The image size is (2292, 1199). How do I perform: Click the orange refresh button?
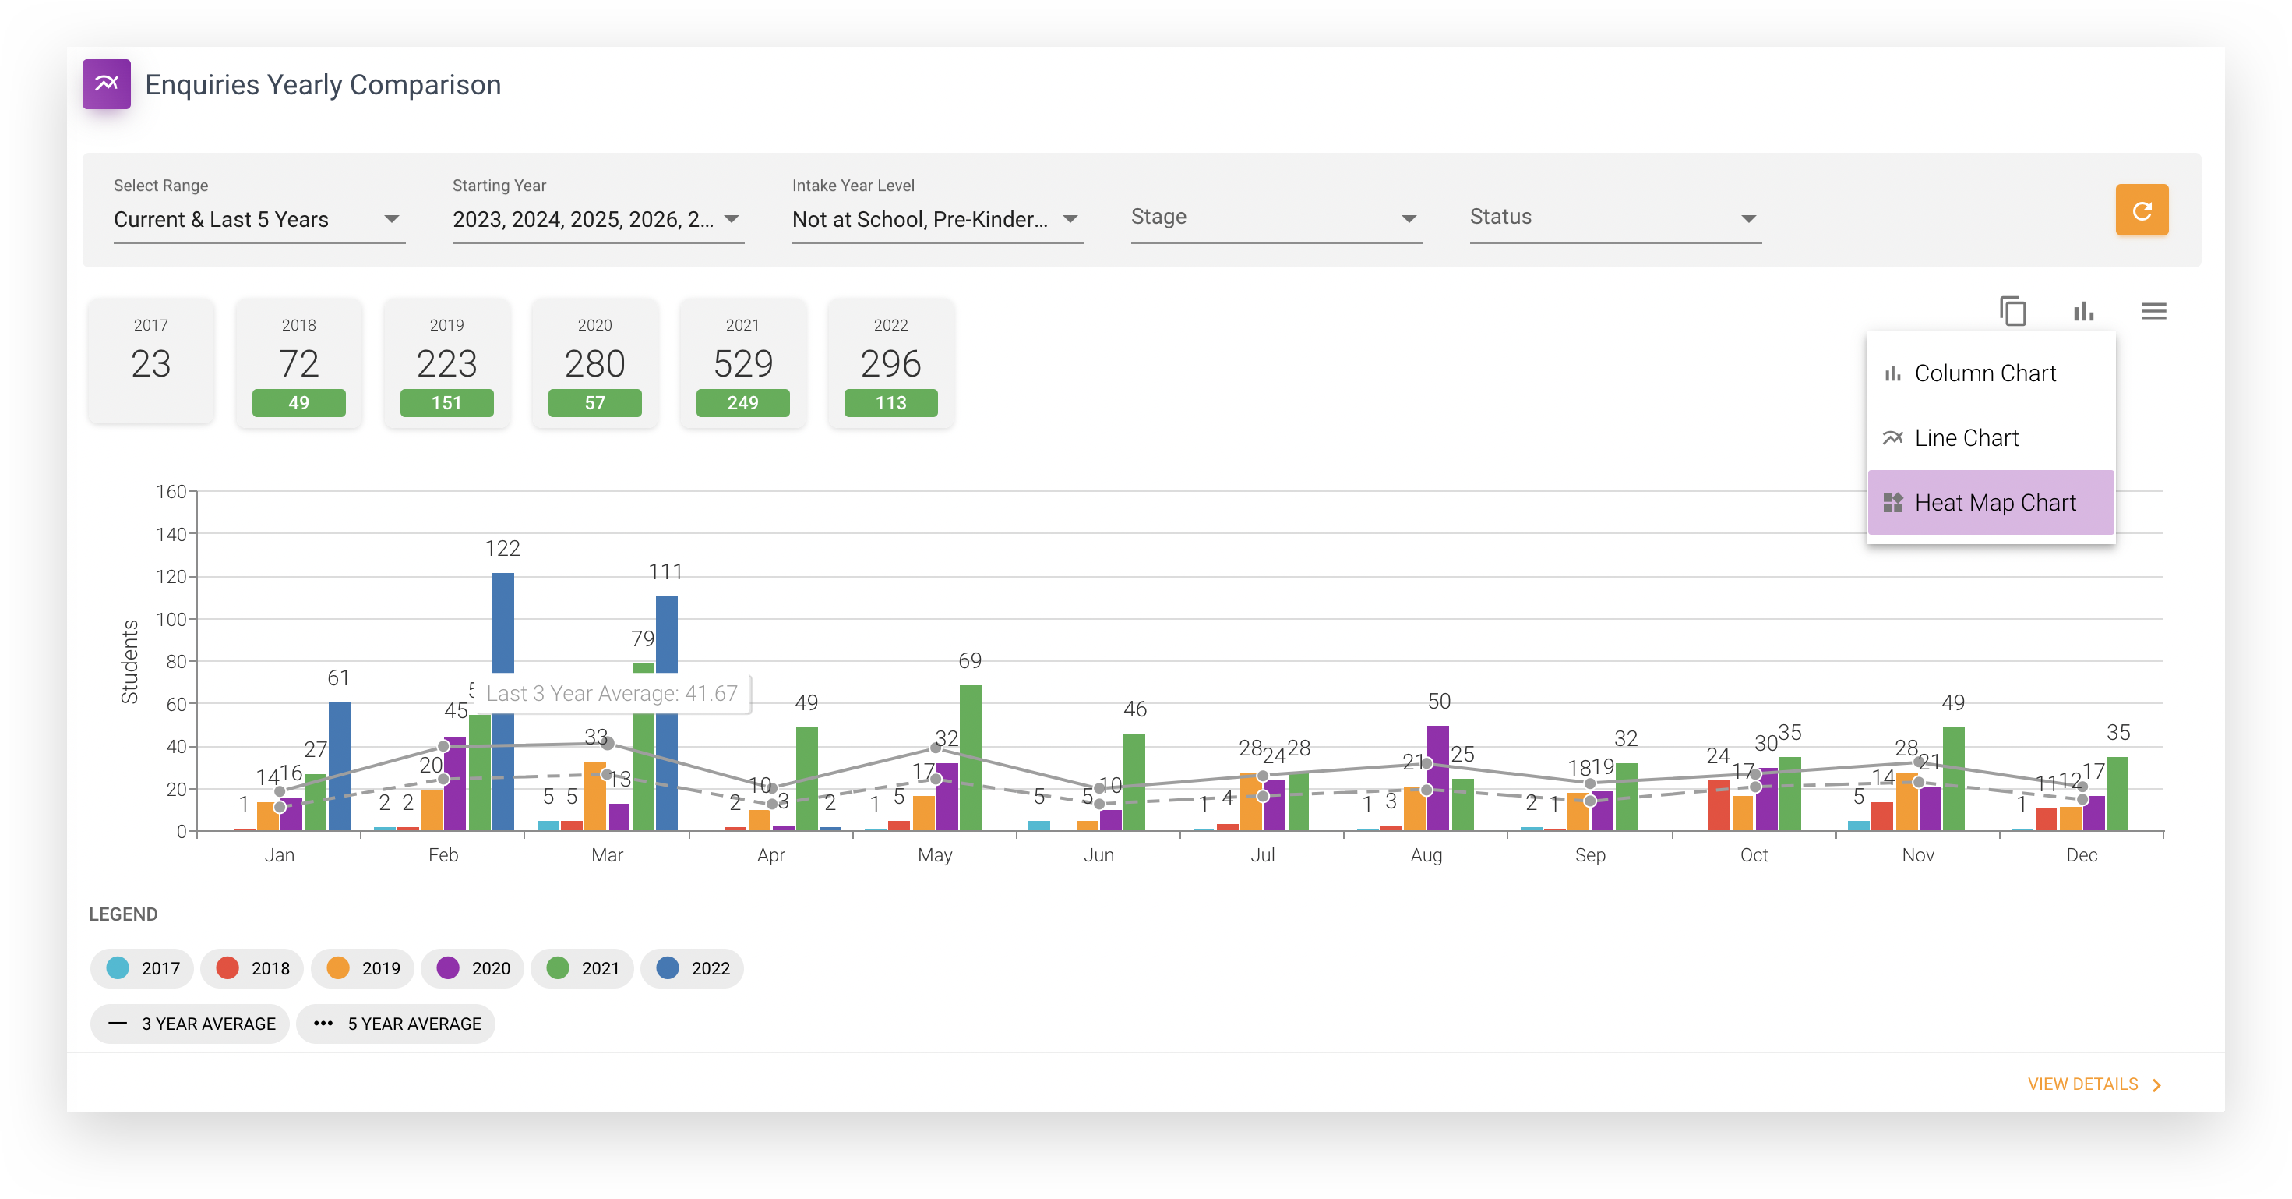[x=2141, y=211]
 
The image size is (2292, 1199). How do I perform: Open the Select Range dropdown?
[x=258, y=220]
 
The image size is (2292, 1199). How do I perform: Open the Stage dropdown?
[x=1275, y=218]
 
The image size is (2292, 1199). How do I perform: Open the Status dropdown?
[x=1614, y=218]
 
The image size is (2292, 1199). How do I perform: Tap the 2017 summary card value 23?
[x=150, y=363]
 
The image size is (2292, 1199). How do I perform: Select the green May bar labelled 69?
[x=970, y=757]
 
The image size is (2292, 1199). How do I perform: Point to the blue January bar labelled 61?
[x=339, y=766]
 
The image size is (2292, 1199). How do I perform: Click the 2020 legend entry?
[x=474, y=968]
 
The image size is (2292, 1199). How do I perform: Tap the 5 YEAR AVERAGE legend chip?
[x=396, y=1024]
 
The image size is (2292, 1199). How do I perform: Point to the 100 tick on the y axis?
[x=171, y=620]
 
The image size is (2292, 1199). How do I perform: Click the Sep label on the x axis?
[x=1590, y=855]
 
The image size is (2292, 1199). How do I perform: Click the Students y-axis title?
[x=130, y=661]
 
